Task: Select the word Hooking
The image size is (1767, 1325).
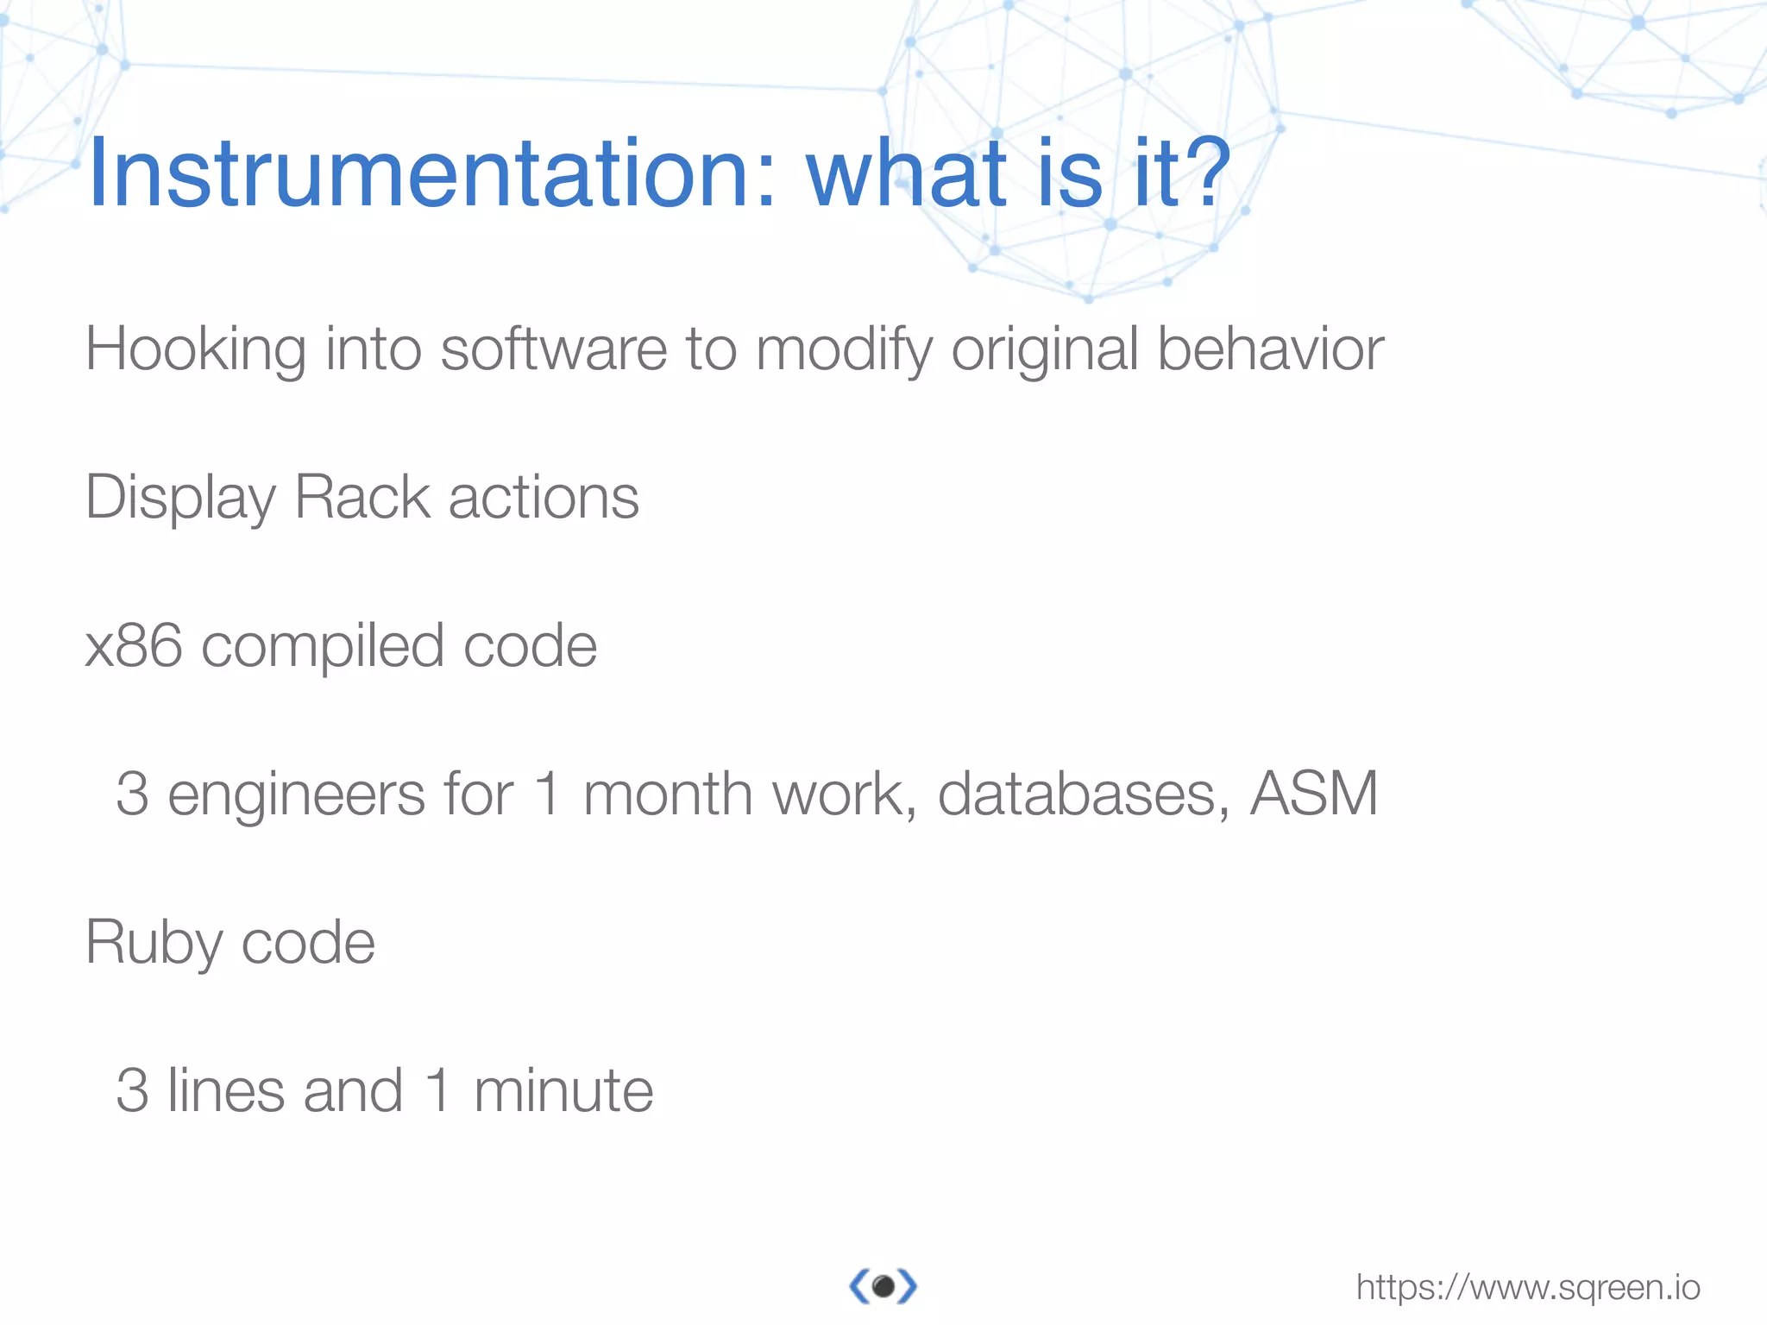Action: tap(195, 349)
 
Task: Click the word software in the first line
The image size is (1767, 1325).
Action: tap(553, 349)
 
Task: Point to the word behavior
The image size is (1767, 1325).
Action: tap(1270, 349)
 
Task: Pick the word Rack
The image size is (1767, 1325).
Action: tap(362, 498)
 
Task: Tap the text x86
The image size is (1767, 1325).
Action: tap(134, 646)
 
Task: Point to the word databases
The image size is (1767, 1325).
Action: tap(1084, 794)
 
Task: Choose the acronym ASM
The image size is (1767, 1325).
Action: tap(1314, 794)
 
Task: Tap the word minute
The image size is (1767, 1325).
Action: tap(563, 1091)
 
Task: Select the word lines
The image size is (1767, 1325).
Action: tap(224, 1091)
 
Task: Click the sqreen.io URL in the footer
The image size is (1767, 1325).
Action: tap(1528, 1288)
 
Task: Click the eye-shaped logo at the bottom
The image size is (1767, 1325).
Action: tap(883, 1287)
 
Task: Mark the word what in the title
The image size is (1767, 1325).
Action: tap(906, 175)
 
